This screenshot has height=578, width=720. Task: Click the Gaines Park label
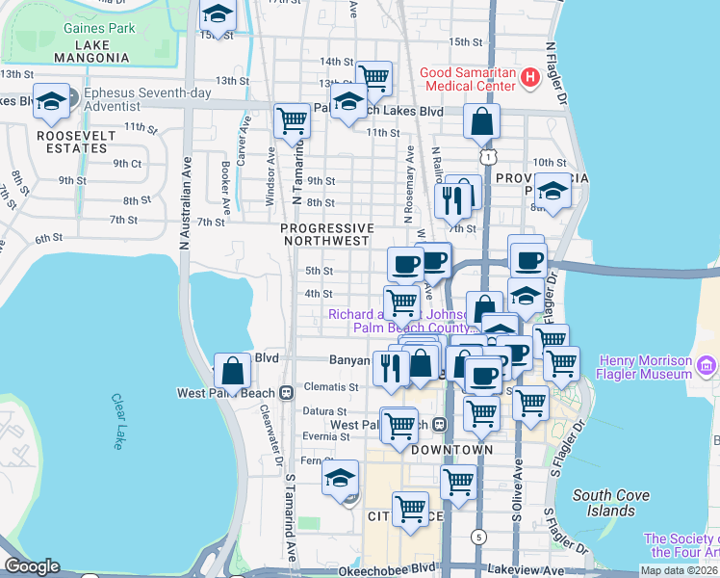(x=99, y=28)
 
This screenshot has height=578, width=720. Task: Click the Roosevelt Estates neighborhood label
(x=62, y=142)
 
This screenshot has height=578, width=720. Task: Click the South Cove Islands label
(x=610, y=502)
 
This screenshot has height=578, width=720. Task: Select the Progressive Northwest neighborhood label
(x=325, y=233)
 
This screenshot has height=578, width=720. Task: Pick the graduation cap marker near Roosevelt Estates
(x=50, y=101)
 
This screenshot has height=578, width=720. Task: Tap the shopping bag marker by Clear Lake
(x=233, y=370)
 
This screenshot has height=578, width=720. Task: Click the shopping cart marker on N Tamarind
(x=292, y=121)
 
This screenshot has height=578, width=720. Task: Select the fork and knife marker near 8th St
(x=450, y=200)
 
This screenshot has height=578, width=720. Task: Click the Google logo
(x=32, y=566)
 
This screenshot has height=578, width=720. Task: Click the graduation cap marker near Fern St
(x=340, y=479)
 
